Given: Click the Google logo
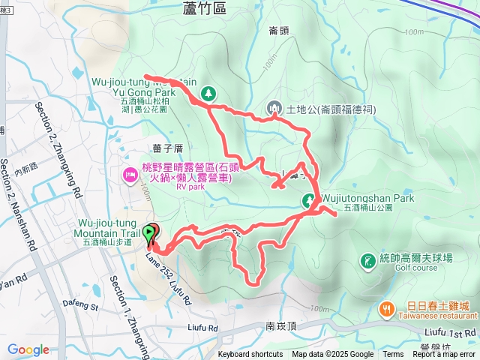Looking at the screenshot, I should click(28, 349).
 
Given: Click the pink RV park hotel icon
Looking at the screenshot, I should click(128, 175).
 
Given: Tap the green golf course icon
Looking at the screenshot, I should click(367, 261).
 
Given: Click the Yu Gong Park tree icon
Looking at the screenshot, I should click(208, 94).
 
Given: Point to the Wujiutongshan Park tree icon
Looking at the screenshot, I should click(308, 199).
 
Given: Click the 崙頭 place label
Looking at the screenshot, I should click(279, 30).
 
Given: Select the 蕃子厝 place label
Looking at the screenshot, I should click(167, 148).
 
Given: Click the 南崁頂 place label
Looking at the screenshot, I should click(281, 327).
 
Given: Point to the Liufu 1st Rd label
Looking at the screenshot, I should click(448, 331).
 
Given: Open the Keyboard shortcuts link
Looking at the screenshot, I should click(250, 355).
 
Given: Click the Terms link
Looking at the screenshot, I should click(393, 355).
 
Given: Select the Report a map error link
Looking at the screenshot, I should click(445, 355).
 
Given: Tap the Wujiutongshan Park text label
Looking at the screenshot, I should click(367, 199).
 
